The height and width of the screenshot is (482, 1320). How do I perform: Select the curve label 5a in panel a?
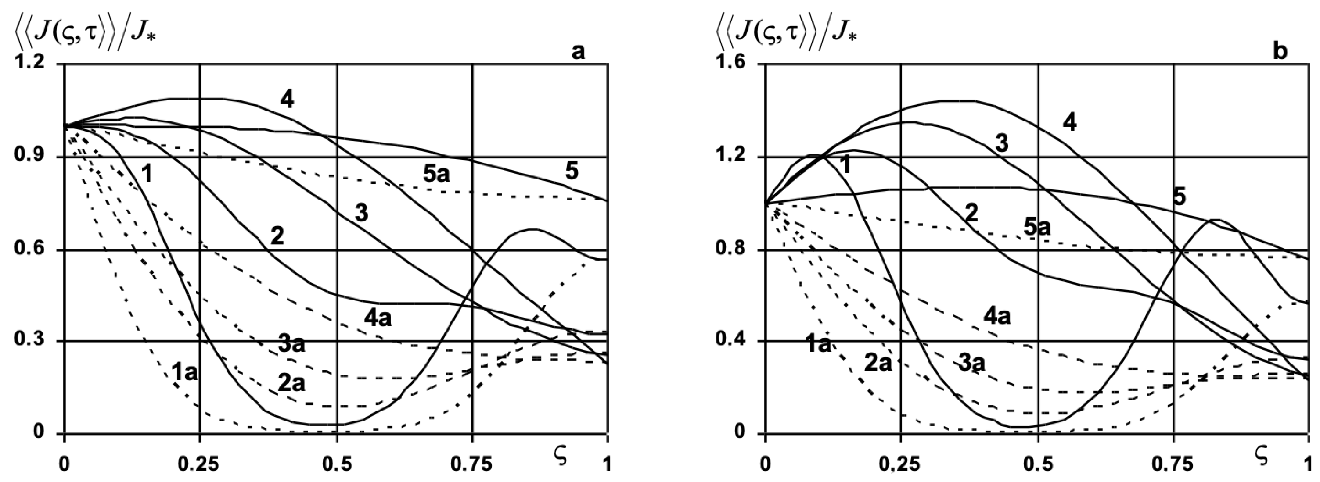point(436,174)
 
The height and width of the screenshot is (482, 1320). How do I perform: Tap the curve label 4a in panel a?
point(378,318)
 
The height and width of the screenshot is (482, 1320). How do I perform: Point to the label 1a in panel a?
point(184,373)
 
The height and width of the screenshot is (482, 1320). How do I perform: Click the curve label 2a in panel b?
point(878,362)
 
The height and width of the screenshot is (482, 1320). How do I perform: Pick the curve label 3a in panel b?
point(971,363)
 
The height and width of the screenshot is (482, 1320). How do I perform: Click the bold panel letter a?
point(578,52)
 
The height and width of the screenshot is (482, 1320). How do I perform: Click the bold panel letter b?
point(1280,52)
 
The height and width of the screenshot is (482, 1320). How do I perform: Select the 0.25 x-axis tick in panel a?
point(198,464)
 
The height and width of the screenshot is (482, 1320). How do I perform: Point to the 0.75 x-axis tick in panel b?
point(1173,464)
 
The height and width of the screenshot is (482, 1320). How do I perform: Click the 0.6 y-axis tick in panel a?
point(30,250)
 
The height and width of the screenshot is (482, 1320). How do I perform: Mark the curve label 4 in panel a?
point(287,100)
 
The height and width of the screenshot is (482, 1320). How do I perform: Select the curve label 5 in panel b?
point(1179,196)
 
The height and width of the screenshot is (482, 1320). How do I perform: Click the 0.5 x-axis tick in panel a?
point(337,464)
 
